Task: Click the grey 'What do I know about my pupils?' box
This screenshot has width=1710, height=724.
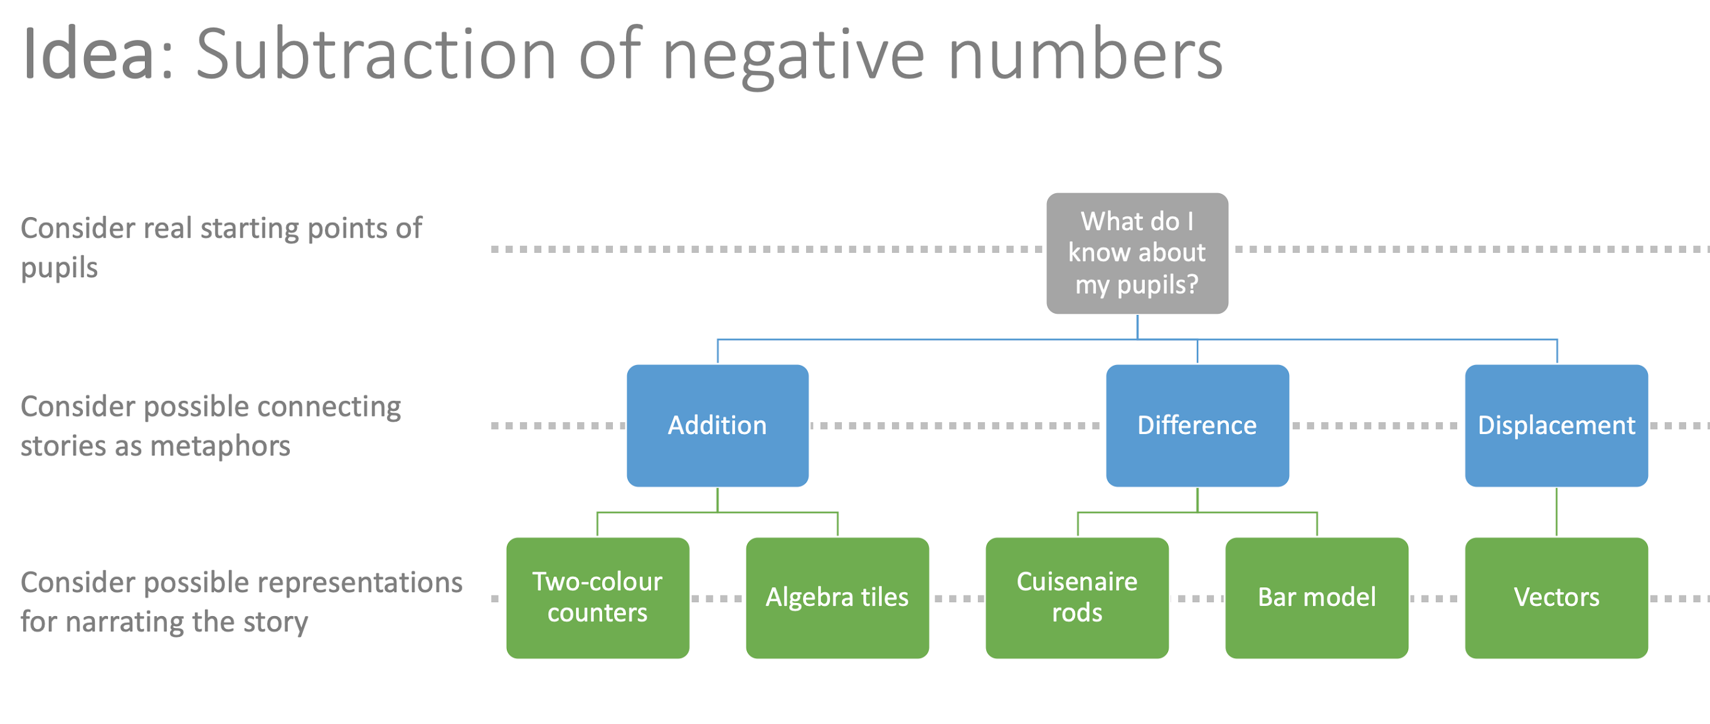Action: tap(1137, 253)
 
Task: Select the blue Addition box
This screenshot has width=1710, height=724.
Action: tap(717, 425)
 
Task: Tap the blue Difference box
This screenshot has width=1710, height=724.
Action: tap(1197, 425)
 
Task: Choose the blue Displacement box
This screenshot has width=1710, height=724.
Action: tap(1556, 425)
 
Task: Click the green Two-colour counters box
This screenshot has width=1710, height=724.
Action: tap(597, 598)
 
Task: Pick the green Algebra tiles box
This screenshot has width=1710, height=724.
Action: tap(837, 598)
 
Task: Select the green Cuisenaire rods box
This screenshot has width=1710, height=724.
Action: tap(1076, 598)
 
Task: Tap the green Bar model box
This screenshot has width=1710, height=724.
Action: tap(1316, 598)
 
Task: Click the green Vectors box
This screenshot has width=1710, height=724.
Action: tap(1556, 598)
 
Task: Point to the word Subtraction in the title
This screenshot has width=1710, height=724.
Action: tap(375, 55)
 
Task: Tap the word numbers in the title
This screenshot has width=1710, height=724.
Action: tap(1085, 55)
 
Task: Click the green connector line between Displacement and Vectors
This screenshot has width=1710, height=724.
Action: tap(1556, 513)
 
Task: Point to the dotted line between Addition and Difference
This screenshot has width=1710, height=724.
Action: tap(956, 425)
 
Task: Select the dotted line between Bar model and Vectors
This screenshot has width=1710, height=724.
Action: tap(1436, 599)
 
